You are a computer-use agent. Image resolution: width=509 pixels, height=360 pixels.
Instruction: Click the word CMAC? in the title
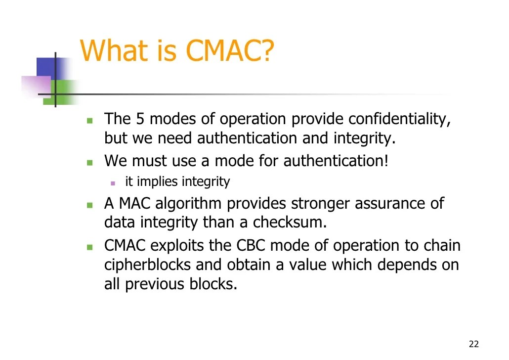pos(229,51)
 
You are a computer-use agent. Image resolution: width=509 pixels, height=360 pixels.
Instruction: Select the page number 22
pos(474,344)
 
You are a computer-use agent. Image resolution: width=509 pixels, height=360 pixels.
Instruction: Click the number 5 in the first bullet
pos(140,119)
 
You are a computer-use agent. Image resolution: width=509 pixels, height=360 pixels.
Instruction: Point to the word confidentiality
pos(399,119)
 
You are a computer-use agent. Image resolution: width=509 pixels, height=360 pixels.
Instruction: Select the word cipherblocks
pos(148,265)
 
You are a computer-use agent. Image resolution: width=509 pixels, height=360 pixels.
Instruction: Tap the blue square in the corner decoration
pos(47,67)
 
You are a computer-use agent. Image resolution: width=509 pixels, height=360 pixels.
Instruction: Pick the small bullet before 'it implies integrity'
pos(113,183)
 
